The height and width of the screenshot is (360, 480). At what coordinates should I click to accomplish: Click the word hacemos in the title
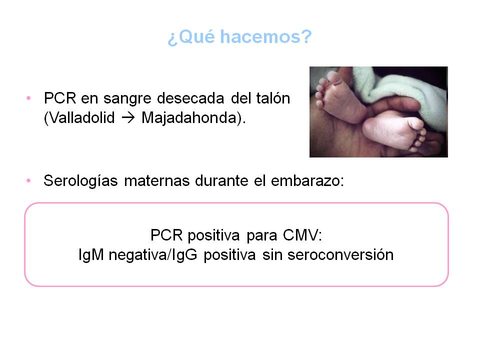pyautogui.click(x=265, y=36)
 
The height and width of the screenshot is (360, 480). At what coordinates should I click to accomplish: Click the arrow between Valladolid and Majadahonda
pyautogui.click(x=128, y=118)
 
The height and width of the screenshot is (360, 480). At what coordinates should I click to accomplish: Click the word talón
pyautogui.click(x=273, y=98)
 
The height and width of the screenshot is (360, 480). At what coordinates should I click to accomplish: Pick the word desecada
pyautogui.click(x=190, y=98)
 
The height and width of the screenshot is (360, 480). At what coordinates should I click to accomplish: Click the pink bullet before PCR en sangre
pyautogui.click(x=29, y=98)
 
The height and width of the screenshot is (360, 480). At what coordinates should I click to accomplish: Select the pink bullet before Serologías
pyautogui.click(x=29, y=180)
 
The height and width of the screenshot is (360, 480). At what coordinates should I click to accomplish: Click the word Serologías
pyautogui.click(x=81, y=181)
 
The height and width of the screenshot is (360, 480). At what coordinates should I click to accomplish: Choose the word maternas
pyautogui.click(x=156, y=181)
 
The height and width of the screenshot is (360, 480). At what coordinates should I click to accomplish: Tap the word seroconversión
pyautogui.click(x=340, y=254)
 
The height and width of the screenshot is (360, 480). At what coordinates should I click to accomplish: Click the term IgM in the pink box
pyautogui.click(x=91, y=254)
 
